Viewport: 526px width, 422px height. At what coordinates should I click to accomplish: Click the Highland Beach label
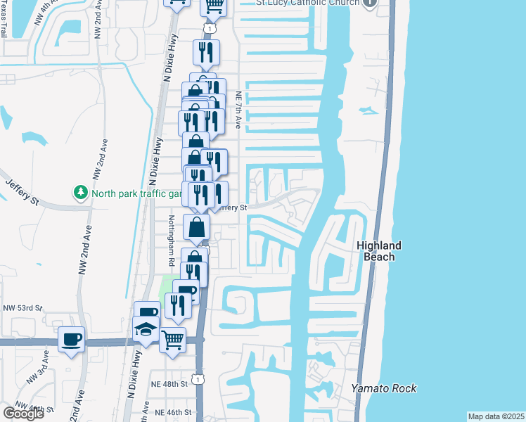pyautogui.click(x=379, y=251)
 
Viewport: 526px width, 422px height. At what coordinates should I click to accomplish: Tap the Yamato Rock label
pyautogui.click(x=384, y=388)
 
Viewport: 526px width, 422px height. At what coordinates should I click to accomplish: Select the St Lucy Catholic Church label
pyautogui.click(x=307, y=3)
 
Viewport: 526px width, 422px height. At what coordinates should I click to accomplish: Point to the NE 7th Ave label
pyautogui.click(x=238, y=110)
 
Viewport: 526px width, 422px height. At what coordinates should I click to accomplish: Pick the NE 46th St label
pyautogui.click(x=173, y=412)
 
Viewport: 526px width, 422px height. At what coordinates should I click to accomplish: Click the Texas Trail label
pyautogui.click(x=5, y=21)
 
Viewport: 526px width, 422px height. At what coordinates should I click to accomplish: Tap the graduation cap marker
pyautogui.click(x=146, y=329)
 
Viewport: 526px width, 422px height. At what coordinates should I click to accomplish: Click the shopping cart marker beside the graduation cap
pyautogui.click(x=172, y=340)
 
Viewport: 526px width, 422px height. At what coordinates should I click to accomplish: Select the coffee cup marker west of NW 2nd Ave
pyautogui.click(x=72, y=340)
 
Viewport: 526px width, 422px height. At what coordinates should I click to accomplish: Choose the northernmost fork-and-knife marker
pyautogui.click(x=206, y=51)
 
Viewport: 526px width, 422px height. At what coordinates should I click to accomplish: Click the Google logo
pyautogui.click(x=23, y=413)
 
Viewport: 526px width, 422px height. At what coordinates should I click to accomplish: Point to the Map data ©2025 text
pyautogui.click(x=496, y=416)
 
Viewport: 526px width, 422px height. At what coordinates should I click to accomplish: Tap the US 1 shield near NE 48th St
pyautogui.click(x=200, y=381)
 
